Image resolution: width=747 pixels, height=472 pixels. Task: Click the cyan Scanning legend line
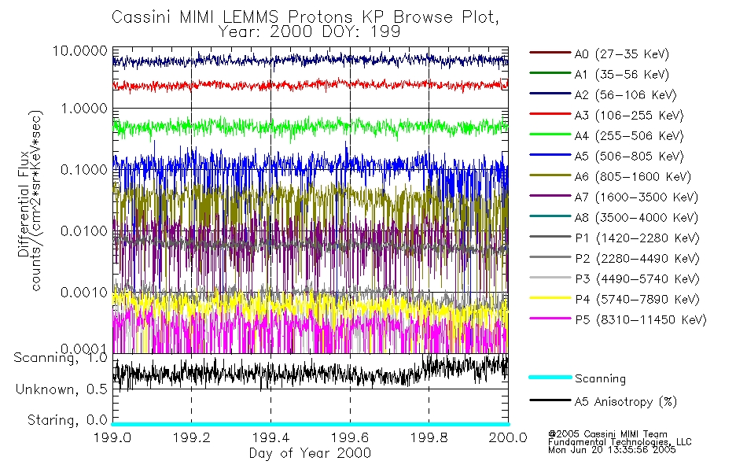tap(549, 378)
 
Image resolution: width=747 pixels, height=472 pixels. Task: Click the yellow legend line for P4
tap(549, 299)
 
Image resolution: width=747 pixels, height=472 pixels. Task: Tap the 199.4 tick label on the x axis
tap(270, 437)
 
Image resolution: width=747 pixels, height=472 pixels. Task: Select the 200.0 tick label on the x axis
tap(507, 437)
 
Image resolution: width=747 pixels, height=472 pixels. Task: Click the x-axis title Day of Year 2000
tap(310, 453)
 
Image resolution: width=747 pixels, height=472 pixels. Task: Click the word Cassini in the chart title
tap(140, 17)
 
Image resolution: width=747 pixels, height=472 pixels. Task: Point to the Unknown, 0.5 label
tap(62, 389)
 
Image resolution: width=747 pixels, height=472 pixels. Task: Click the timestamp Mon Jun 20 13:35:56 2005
tap(612, 451)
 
